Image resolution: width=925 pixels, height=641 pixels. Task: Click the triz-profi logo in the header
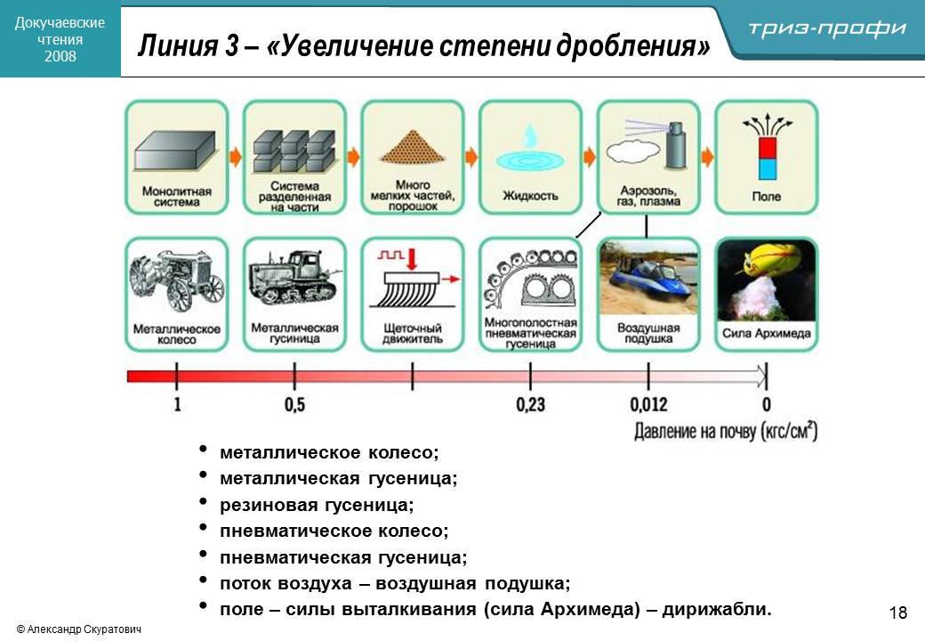827,28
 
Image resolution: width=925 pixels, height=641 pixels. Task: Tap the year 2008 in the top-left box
60,56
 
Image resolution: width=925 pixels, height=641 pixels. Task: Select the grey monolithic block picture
176,149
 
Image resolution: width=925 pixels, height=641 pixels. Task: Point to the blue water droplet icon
530,135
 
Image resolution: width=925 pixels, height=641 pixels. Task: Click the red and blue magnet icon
766,158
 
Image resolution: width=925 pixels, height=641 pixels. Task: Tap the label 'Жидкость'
530,195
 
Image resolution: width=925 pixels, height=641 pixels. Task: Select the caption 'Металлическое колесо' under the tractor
176,334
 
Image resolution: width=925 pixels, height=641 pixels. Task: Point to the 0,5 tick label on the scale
294,405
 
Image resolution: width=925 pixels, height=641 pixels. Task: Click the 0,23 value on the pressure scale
530,405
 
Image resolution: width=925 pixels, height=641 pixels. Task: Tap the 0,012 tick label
648,405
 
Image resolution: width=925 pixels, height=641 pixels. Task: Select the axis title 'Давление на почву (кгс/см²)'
725,432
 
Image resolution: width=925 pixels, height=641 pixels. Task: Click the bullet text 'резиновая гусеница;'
318,505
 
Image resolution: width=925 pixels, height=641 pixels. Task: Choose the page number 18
897,613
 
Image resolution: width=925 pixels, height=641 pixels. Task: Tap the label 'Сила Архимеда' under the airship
766,334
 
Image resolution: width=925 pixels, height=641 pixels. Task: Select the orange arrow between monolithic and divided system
236,157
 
